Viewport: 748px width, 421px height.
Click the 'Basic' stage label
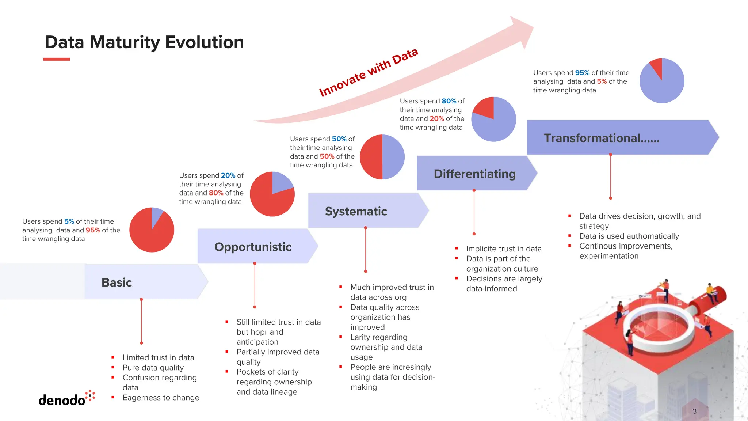[117, 282]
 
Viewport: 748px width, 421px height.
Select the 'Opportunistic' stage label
[253, 247]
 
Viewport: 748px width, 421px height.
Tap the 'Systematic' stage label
[356, 211]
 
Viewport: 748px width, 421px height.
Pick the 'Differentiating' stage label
[474, 174]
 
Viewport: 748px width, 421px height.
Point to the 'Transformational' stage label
[601, 138]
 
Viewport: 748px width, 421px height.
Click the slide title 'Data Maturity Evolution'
[144, 42]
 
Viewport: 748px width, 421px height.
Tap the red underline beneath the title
[56, 59]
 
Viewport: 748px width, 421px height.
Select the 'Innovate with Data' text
[368, 72]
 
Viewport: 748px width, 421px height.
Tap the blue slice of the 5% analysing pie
[156, 216]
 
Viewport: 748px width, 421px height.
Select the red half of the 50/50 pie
[371, 157]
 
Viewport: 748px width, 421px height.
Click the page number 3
[694, 411]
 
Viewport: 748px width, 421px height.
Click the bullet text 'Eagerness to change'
[161, 398]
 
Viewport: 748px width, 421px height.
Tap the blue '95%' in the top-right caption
[582, 73]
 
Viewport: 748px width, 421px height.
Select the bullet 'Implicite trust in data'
[504, 249]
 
